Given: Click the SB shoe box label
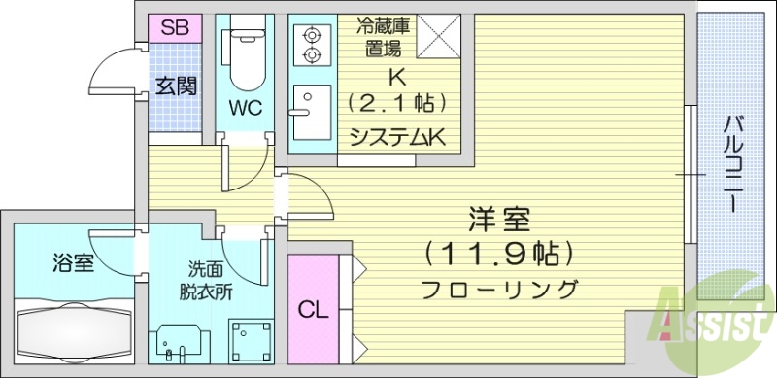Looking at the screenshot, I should (x=175, y=27).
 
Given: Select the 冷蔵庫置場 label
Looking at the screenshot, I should (x=383, y=38).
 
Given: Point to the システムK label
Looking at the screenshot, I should (x=397, y=137).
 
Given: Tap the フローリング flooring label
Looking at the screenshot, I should (x=500, y=289).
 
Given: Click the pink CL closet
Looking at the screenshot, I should (x=312, y=311).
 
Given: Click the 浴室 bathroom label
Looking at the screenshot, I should (x=74, y=262).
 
